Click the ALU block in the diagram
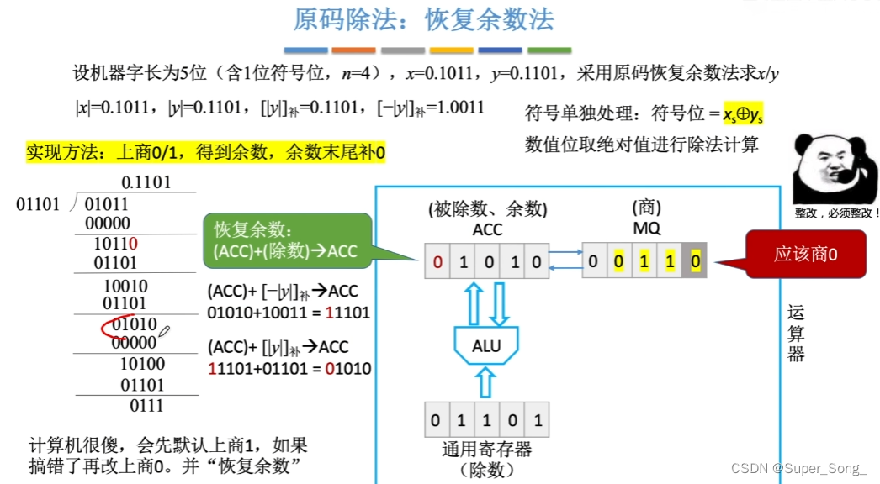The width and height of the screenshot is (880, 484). pyautogui.click(x=486, y=344)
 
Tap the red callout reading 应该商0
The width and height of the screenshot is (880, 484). pyautogui.click(x=807, y=255)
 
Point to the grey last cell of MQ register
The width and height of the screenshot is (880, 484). pyautogui.click(x=694, y=261)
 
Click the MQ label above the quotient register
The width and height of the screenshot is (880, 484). pyautogui.click(x=647, y=229)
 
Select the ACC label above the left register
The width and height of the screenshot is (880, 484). pyautogui.click(x=487, y=229)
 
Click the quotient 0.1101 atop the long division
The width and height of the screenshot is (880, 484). pyautogui.click(x=146, y=182)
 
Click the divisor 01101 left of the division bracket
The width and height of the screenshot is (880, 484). pyautogui.click(x=38, y=204)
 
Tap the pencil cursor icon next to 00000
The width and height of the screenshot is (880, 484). pyautogui.click(x=163, y=334)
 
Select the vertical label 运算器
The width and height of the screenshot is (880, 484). pyautogui.click(x=795, y=333)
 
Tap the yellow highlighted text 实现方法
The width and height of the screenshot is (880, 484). pyautogui.click(x=56, y=153)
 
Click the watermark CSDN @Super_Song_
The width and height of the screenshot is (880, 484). pyautogui.click(x=798, y=468)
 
